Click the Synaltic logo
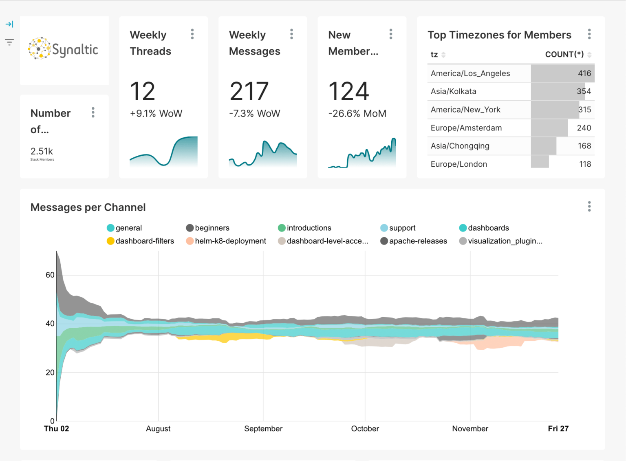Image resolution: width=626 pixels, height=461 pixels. tap(63, 49)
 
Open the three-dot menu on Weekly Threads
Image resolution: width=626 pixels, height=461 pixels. tap(192, 34)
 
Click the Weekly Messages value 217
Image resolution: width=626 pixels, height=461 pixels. tap(249, 91)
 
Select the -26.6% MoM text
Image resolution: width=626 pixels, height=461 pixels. tap(357, 114)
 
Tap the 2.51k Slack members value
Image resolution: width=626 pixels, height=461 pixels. tap(42, 151)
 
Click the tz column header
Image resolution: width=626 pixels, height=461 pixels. tap(434, 55)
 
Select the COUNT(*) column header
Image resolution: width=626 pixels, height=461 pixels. tap(564, 55)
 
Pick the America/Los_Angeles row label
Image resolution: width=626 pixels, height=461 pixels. tap(470, 73)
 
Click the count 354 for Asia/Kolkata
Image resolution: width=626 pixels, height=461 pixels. tap(584, 91)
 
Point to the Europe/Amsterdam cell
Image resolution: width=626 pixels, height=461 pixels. tap(466, 128)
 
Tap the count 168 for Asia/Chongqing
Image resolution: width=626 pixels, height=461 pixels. tap(584, 146)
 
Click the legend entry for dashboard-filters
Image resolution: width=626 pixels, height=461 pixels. tap(140, 241)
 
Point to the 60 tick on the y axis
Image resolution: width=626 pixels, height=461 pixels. tap(50, 275)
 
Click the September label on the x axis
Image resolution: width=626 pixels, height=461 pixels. tap(263, 429)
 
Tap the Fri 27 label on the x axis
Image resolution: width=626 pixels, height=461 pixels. tap(558, 429)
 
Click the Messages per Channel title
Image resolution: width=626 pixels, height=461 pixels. tap(88, 207)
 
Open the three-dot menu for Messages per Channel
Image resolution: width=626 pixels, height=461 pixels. tap(589, 207)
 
